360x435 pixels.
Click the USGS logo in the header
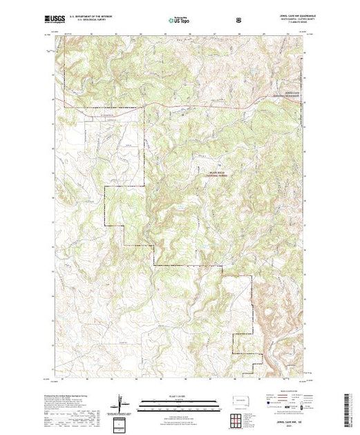click(55, 20)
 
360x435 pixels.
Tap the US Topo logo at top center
click(179, 20)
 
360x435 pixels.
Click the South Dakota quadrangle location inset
click(239, 400)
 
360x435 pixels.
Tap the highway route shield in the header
click(239, 19)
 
